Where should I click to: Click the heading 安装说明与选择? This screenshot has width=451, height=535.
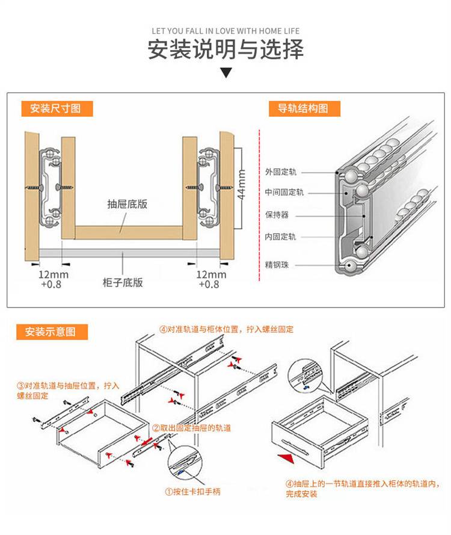click(x=226, y=49)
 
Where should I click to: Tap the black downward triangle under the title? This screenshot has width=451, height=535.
click(x=226, y=73)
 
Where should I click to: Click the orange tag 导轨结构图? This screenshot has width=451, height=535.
click(x=304, y=108)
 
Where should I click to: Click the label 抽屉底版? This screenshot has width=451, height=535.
click(x=127, y=204)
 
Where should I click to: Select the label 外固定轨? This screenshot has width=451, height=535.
click(x=280, y=172)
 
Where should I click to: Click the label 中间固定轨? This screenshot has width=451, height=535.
click(x=284, y=193)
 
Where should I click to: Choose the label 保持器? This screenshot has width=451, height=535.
click(x=277, y=215)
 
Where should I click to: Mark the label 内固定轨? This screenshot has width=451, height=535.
click(x=280, y=237)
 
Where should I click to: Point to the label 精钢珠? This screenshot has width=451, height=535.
click(x=277, y=265)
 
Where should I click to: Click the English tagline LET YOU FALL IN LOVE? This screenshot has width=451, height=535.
click(x=226, y=31)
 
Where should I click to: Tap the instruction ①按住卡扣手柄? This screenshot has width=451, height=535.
click(x=192, y=492)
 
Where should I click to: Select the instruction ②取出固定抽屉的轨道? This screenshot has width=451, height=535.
click(x=191, y=428)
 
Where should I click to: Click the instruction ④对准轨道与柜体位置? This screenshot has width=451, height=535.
click(x=226, y=330)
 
